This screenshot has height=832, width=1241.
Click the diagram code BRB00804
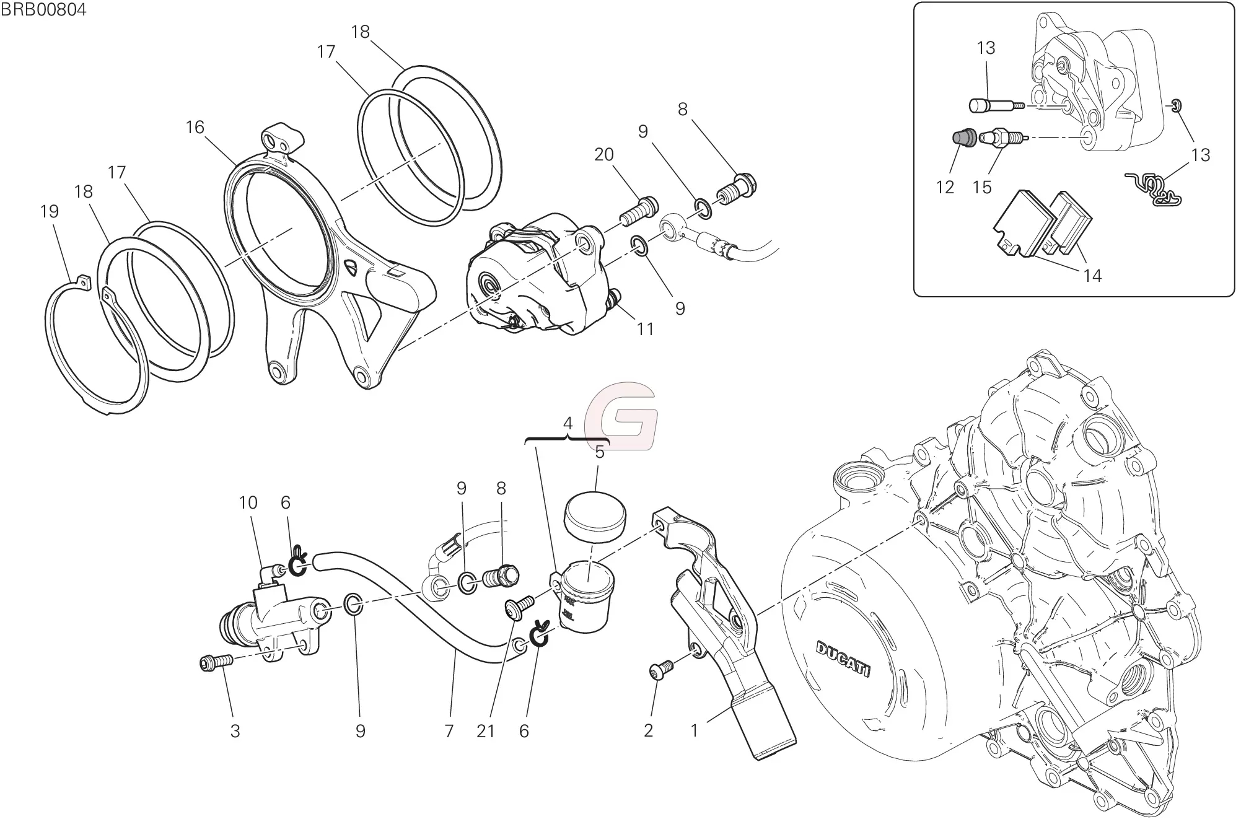(43, 10)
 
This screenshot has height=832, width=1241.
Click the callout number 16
(195, 128)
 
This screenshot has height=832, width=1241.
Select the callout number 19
(49, 212)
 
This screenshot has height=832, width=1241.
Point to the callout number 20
(603, 154)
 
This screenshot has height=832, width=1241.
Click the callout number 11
(646, 329)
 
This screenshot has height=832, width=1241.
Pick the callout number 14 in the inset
(1092, 276)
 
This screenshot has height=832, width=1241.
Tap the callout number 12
(945, 186)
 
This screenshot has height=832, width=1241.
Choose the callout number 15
(982, 186)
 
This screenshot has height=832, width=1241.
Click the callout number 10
(248, 502)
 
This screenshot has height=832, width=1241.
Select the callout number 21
(486, 732)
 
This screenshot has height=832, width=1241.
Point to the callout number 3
(235, 732)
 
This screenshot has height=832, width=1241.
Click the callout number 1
(695, 732)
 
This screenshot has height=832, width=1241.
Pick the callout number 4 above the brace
(568, 424)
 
